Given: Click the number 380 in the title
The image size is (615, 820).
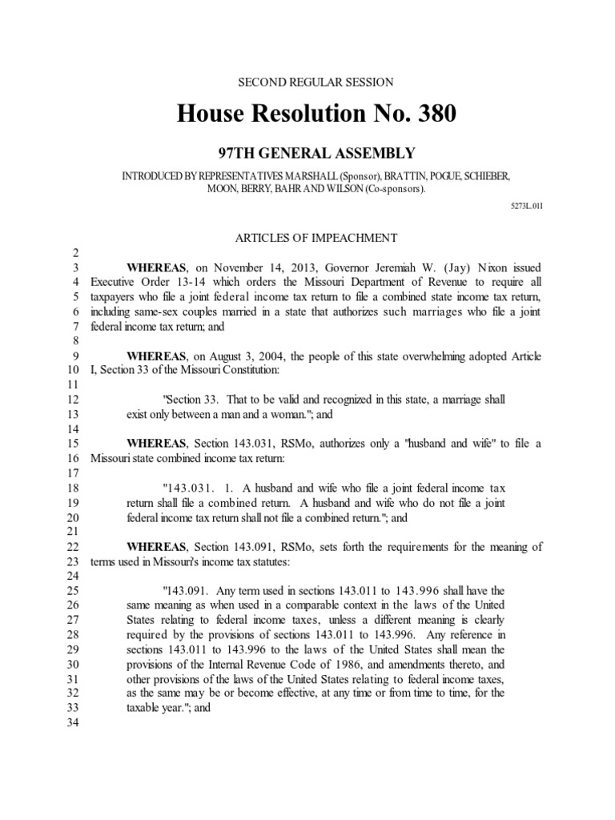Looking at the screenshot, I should [x=432, y=114].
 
